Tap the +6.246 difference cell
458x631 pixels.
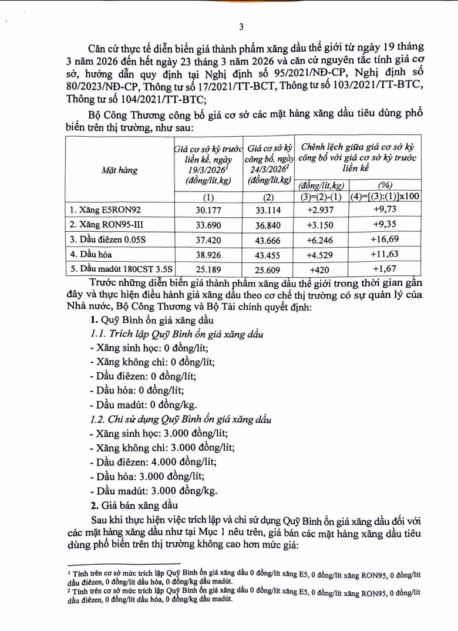(x=322, y=241)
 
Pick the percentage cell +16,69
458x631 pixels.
(x=385, y=241)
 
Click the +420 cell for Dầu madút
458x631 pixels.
(x=322, y=271)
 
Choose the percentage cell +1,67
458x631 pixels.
(x=385, y=271)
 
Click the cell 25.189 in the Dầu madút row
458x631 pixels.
(x=208, y=271)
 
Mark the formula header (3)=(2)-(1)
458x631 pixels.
(x=322, y=196)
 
